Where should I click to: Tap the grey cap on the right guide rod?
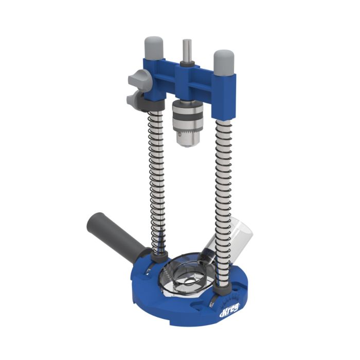(224, 61)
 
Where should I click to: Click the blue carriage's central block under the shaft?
(186, 82)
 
